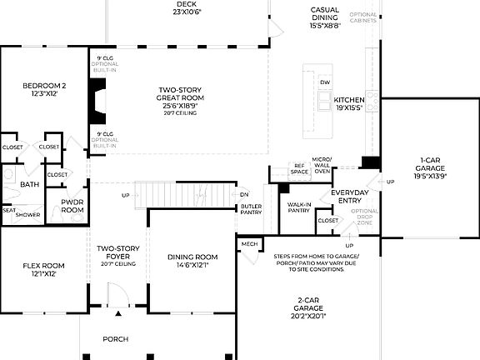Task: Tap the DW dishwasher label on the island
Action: pyautogui.click(x=326, y=82)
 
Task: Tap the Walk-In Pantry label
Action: pyautogui.click(x=298, y=207)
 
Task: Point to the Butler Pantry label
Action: pyautogui.click(x=252, y=209)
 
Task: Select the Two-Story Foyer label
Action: pyautogui.click(x=117, y=252)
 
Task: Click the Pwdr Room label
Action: pyautogui.click(x=72, y=207)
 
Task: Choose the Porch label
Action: pyautogui.click(x=116, y=339)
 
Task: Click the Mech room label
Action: pyautogui.click(x=249, y=244)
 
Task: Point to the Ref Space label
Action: pyautogui.click(x=299, y=168)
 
